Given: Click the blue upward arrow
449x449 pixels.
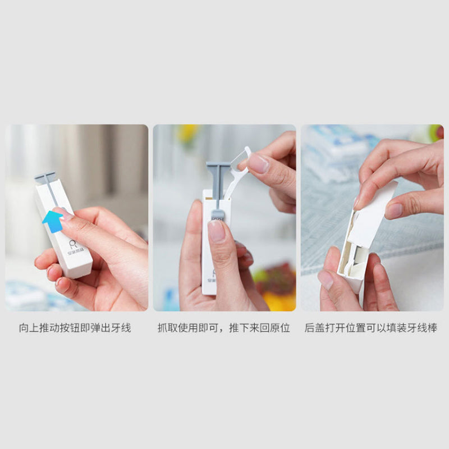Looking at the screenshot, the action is pos(53,221).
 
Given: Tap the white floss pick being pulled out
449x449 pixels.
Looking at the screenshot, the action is pos(237,172).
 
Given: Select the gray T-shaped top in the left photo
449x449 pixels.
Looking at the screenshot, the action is pos(45,177).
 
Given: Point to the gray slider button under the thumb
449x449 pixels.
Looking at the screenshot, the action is pos(217,215).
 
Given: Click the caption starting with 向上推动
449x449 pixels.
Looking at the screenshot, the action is pos(75,328).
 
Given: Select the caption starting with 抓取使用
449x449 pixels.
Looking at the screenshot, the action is pos(223,328).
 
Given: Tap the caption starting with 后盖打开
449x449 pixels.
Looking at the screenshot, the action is pos(371,328).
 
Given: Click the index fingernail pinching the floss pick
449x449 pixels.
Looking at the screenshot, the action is pos(258,163).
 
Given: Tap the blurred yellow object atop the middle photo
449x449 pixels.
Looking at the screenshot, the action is pos(187,132).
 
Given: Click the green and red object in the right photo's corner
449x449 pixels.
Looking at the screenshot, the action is pos(436,133).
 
